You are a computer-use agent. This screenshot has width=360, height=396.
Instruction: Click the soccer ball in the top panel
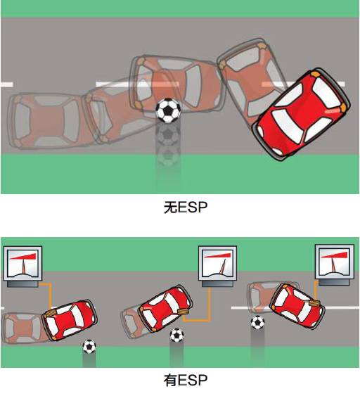168,110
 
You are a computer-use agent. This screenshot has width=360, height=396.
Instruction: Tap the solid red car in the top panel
301,114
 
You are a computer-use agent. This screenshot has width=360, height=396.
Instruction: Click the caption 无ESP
186,207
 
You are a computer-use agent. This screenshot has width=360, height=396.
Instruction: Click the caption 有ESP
186,380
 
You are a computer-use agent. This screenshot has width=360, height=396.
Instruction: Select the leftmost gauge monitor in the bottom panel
22,267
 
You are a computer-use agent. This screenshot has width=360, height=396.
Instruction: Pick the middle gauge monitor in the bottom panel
217,267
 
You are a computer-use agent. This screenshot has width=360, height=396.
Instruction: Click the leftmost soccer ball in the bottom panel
89,347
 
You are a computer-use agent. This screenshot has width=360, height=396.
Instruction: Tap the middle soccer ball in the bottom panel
176,335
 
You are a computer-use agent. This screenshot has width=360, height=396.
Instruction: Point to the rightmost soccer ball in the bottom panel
257,323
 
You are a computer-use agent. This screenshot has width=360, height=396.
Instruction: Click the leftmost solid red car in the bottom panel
70,320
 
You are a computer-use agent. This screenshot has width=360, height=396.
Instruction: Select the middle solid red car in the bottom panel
165,308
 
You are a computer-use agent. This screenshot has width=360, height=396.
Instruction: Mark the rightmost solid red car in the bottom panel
297,305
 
